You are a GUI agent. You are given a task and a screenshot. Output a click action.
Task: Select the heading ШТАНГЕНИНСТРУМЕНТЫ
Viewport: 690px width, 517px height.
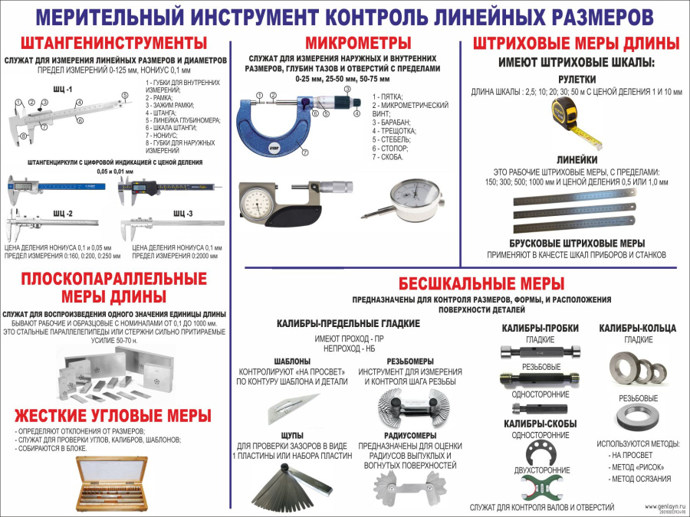coord(113,42)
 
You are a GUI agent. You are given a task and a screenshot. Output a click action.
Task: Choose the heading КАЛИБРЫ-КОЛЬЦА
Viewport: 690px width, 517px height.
coord(637,328)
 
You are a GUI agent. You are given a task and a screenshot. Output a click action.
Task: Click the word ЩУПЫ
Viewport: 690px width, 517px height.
coord(292,434)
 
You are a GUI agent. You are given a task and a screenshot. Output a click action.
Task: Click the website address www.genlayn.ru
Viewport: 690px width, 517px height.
coord(660,506)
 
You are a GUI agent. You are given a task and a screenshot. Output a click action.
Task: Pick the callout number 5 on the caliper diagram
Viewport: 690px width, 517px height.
coord(124,96)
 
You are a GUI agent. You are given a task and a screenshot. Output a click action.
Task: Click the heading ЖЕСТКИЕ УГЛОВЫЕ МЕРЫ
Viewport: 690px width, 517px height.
coord(113,416)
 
